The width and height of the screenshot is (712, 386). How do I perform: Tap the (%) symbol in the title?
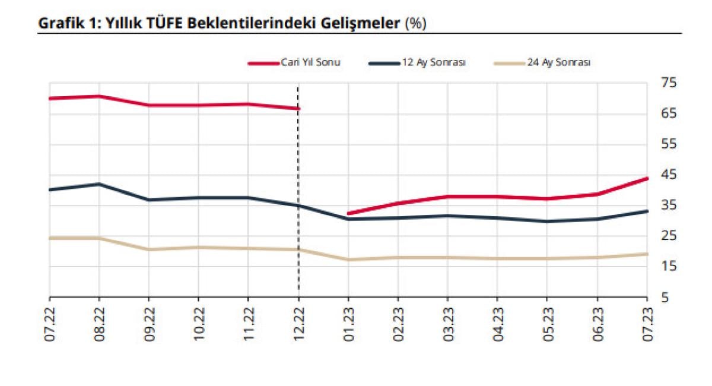[x=415, y=24]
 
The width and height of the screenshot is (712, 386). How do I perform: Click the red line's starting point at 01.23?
[x=348, y=213]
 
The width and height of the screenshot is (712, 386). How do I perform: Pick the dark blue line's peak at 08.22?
[x=99, y=184]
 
